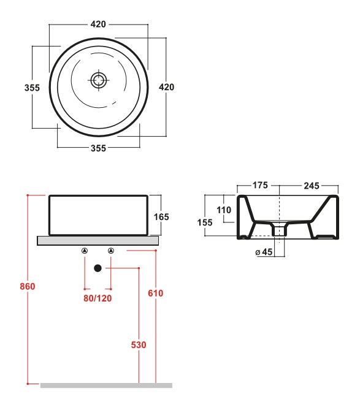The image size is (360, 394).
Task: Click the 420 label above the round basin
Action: click(98, 24)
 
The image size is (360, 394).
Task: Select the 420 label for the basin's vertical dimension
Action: click(166, 87)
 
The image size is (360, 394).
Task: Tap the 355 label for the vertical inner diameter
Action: click(32, 88)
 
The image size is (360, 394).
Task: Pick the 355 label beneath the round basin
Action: click(98, 148)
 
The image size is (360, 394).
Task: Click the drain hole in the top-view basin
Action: click(99, 80)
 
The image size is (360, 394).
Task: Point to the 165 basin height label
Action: click(161, 217)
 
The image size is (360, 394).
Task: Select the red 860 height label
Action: click(28, 286)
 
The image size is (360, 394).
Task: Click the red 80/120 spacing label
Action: click(98, 298)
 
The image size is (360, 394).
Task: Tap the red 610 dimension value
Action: click(156, 293)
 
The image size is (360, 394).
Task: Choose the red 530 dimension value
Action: click(139, 345)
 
